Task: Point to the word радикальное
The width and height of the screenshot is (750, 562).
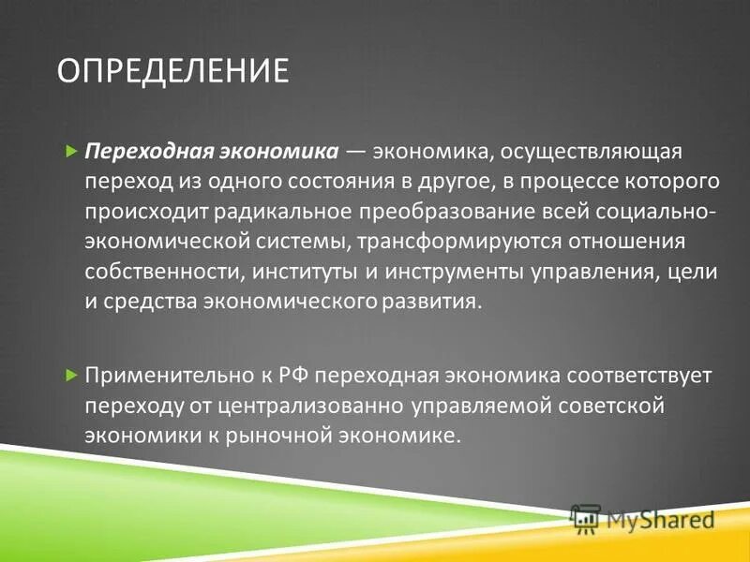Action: click(x=269, y=211)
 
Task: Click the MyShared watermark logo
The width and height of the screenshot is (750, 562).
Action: click(x=642, y=519)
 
